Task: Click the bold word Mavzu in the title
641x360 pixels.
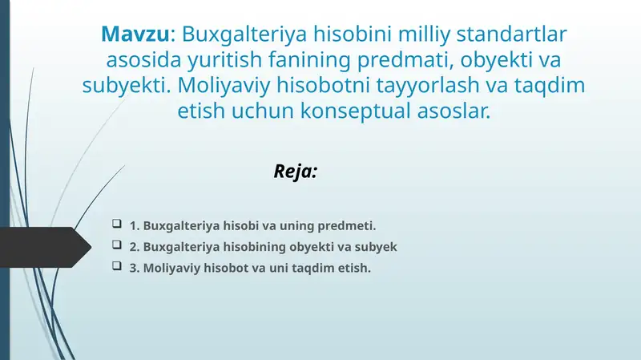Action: pos(135,35)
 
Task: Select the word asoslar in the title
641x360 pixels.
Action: pos(455,112)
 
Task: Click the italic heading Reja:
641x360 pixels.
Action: pos(296,171)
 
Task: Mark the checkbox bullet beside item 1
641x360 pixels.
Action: pos(117,224)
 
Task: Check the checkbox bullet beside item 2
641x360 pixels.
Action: pos(117,245)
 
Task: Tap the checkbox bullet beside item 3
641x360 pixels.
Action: pos(117,266)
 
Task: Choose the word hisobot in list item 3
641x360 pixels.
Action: pos(225,268)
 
